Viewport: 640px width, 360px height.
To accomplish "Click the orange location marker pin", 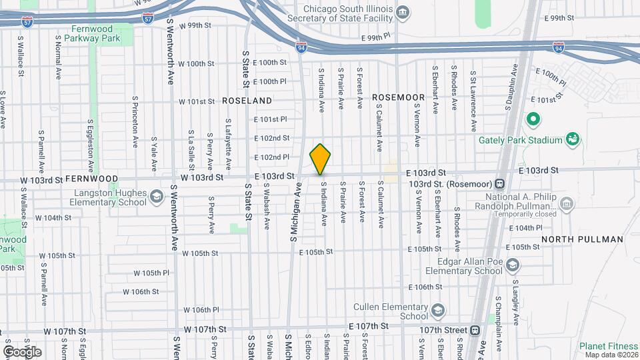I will point(321,159).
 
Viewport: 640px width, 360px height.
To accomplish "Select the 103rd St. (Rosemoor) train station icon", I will point(499,184).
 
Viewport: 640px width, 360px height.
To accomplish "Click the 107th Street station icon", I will point(475,330).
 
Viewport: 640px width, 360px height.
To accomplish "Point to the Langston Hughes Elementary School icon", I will point(156,196).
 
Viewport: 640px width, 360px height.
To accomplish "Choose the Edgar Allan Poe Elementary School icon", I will point(512,265).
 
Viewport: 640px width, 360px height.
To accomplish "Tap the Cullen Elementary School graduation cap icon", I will point(437,311).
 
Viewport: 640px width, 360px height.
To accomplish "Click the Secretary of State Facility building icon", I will point(403,13).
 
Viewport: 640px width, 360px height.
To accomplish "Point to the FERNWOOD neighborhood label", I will point(91,179).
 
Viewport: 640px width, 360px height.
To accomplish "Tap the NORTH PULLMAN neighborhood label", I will point(582,239).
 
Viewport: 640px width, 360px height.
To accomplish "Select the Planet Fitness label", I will point(607,346).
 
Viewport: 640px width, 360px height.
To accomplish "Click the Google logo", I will point(22,351).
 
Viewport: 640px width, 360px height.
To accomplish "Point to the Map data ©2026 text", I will point(611,355).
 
